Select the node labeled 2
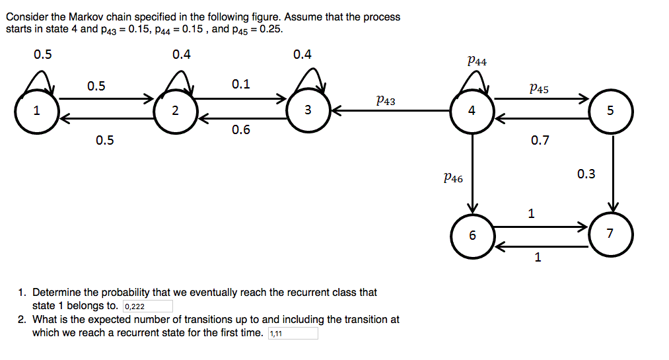(x=174, y=110)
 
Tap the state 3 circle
(x=308, y=110)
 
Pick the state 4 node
(x=472, y=110)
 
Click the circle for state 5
(x=610, y=110)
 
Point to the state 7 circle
(x=610, y=234)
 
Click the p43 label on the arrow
(x=385, y=100)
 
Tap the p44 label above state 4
(x=476, y=61)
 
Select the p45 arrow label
(x=538, y=88)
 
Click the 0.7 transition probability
(x=540, y=140)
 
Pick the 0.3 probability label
(x=586, y=174)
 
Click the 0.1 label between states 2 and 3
(x=241, y=85)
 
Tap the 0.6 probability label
(x=241, y=130)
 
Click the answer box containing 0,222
(x=148, y=306)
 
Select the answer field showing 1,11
(x=293, y=334)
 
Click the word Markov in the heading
(x=85, y=17)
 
